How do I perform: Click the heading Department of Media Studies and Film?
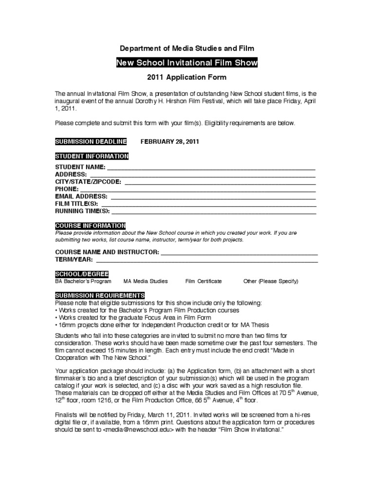(x=187, y=48)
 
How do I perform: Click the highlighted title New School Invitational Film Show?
(x=187, y=63)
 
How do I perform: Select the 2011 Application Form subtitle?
(x=187, y=77)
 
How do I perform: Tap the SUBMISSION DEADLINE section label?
(x=91, y=142)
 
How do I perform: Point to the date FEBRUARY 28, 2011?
(x=169, y=142)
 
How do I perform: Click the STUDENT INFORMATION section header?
(x=92, y=156)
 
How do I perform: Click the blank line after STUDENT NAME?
(x=210, y=167)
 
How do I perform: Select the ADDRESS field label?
(x=71, y=174)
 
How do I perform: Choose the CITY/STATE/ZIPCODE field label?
(x=88, y=182)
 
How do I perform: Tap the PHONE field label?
(x=67, y=189)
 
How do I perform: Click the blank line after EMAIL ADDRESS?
(x=213, y=196)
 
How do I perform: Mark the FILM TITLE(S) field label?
(x=76, y=204)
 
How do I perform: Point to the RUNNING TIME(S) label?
(x=82, y=211)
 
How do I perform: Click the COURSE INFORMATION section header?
(x=90, y=226)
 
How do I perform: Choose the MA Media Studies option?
(x=146, y=281)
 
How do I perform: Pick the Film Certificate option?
(x=204, y=281)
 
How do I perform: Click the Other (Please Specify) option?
(x=271, y=281)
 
